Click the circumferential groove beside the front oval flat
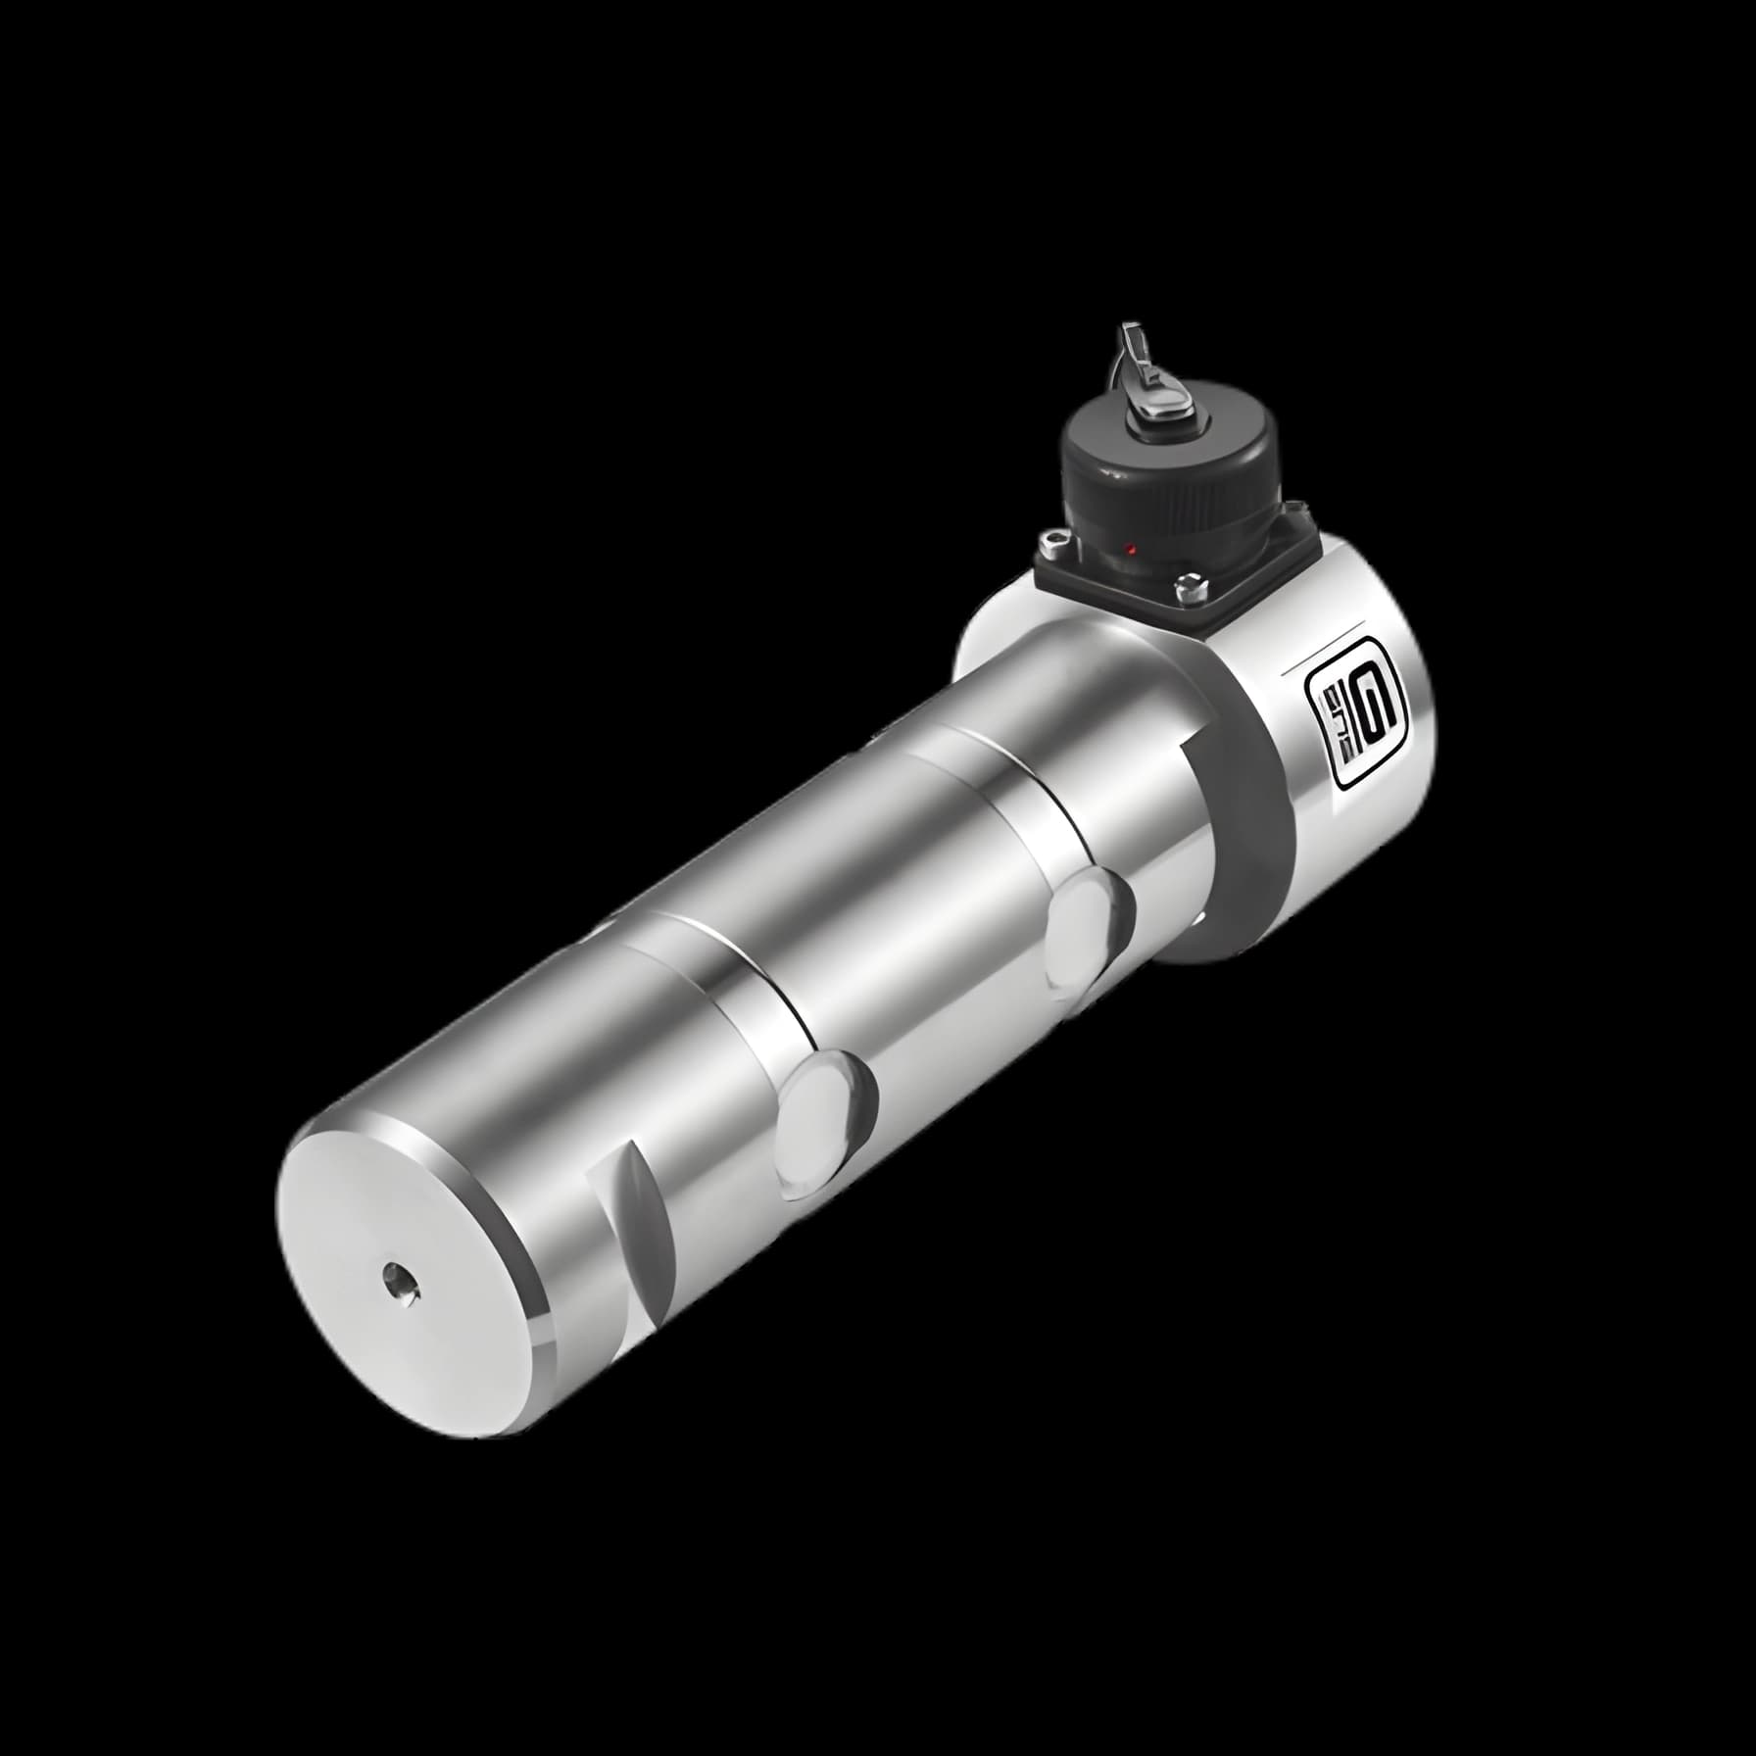(745, 980)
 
